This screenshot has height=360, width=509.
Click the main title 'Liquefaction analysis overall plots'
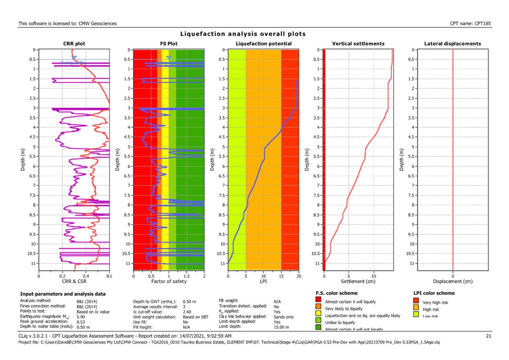coord(242,34)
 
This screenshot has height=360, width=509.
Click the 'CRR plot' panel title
coord(74,44)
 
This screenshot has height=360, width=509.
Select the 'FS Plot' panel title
coord(169,44)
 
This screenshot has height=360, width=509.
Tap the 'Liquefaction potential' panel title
coord(263,44)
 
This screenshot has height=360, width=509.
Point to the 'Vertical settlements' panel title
coord(358,44)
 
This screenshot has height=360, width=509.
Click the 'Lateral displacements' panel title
coord(453,44)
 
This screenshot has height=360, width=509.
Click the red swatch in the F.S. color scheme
coord(318,302)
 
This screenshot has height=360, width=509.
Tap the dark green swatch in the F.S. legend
coord(318,328)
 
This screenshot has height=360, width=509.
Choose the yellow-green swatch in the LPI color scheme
coord(416,315)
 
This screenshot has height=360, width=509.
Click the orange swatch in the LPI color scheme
coord(416,309)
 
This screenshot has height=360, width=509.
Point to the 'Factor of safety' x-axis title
coord(168,281)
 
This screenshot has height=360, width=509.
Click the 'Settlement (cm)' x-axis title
coord(358,281)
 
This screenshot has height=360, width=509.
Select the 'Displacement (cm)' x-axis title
coord(453,281)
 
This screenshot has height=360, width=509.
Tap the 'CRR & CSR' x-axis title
coord(74,281)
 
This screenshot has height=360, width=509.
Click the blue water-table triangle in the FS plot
coord(169,57)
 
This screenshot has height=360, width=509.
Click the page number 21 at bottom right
coord(489,336)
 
